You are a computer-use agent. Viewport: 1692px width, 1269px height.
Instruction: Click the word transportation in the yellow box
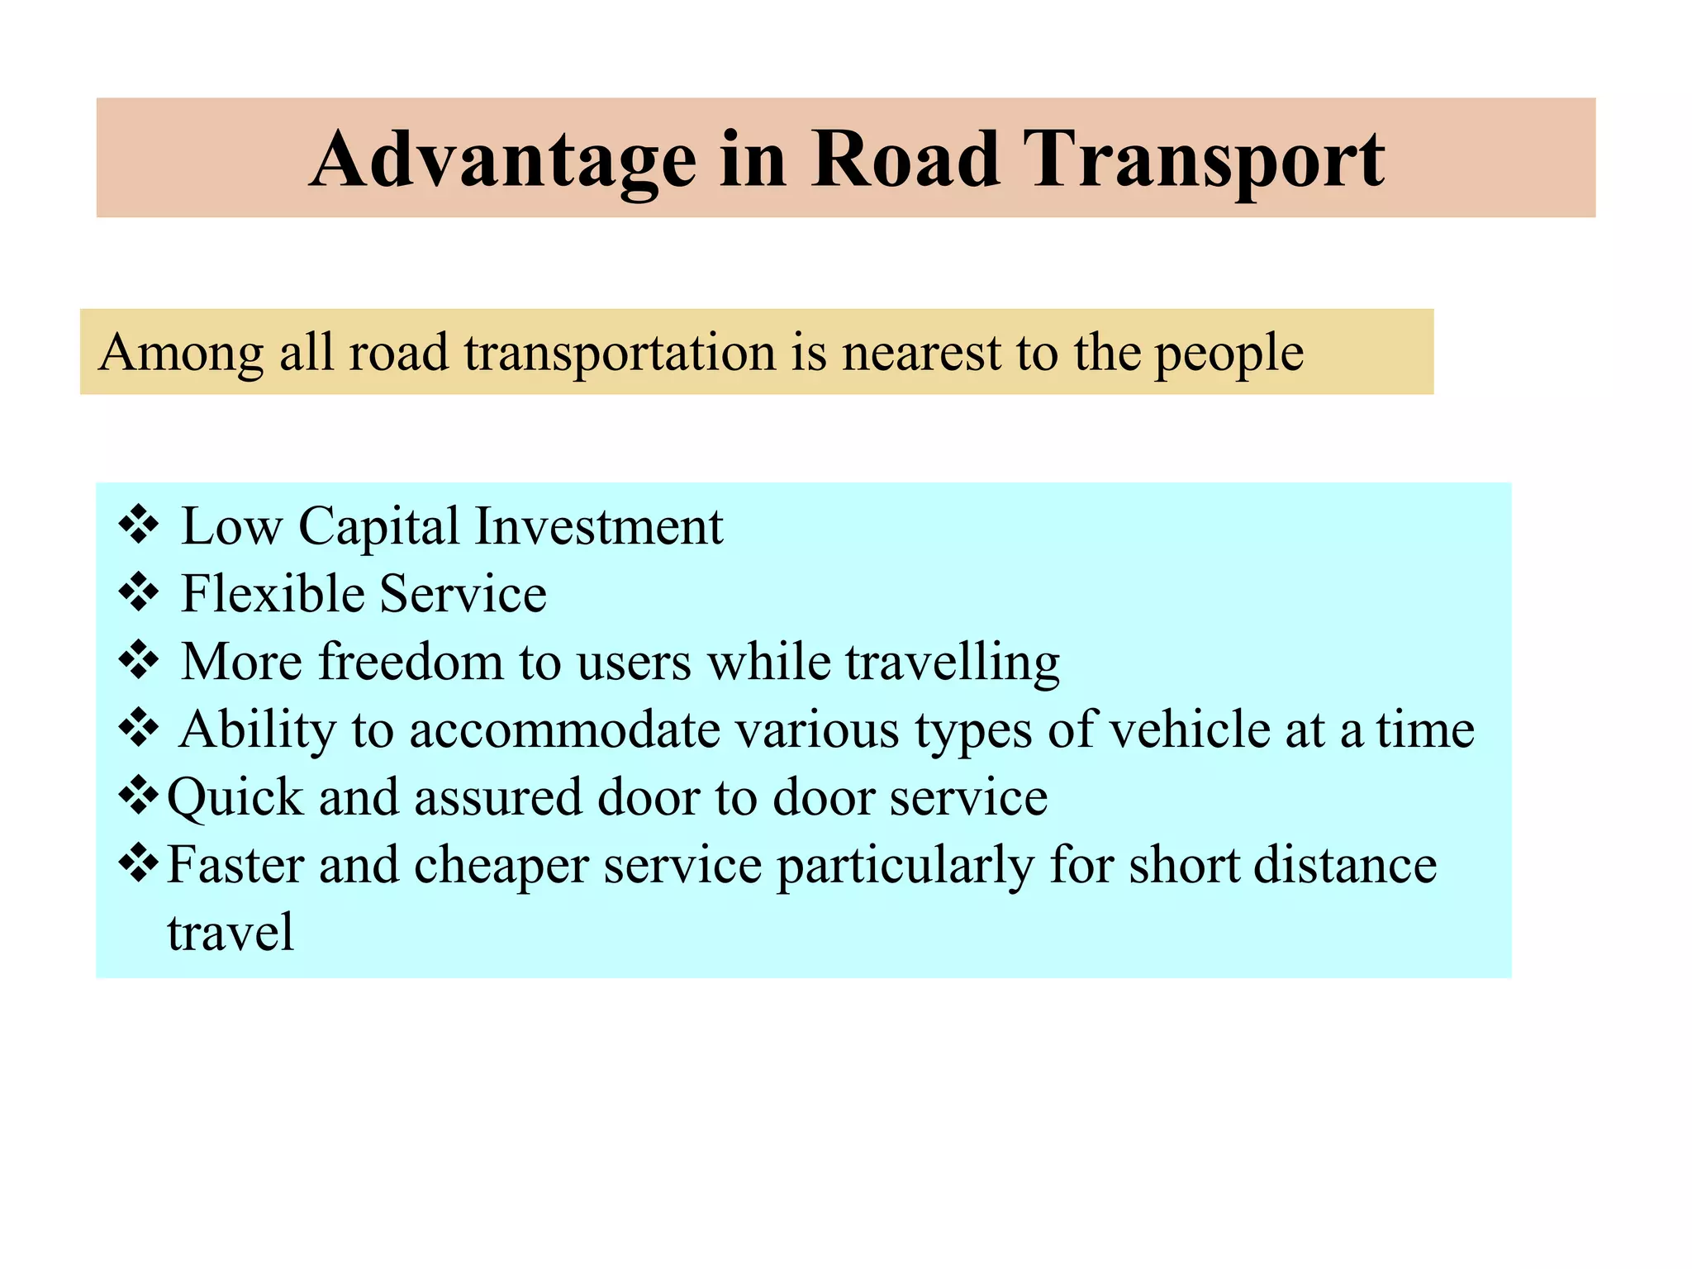(620, 354)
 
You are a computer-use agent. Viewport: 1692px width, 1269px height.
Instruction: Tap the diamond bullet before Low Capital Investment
(139, 525)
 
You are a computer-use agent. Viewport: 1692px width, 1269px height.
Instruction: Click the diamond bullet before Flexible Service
(139, 593)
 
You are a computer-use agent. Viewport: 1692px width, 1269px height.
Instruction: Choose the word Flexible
(273, 594)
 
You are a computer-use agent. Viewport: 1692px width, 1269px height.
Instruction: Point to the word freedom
(411, 662)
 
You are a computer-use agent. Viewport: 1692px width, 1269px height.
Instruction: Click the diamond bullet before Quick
(139, 796)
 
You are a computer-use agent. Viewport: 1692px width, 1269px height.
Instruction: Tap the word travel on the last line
(231, 933)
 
